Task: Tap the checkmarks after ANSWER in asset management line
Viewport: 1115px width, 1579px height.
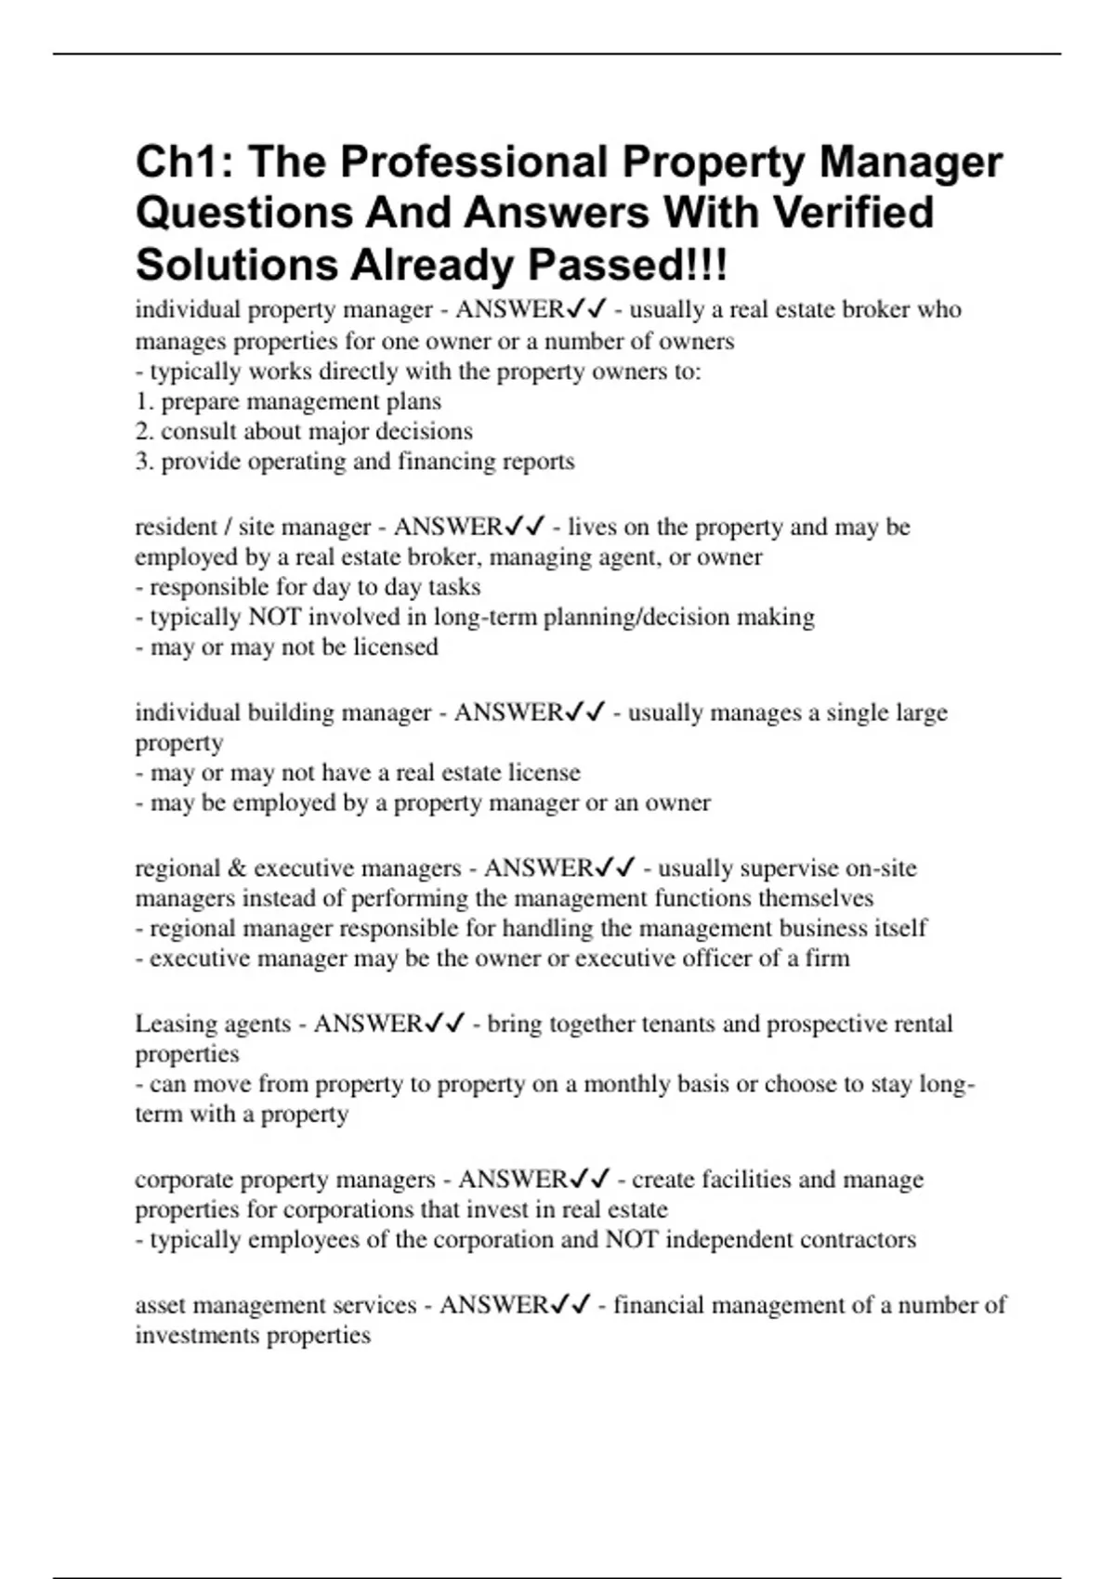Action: [570, 1306]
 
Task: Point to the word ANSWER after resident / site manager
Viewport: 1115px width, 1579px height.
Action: [448, 528]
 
